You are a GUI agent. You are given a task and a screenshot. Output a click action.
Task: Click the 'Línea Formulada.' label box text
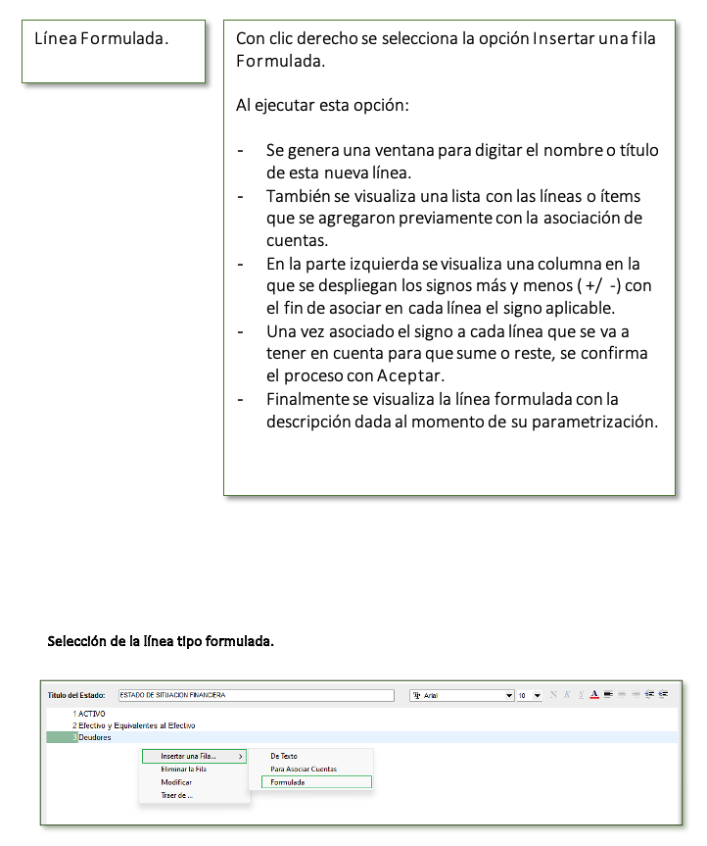click(102, 39)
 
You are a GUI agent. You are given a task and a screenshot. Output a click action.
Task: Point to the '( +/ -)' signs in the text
click(603, 285)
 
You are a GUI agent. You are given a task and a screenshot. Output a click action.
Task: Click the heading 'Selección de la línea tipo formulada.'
click(161, 642)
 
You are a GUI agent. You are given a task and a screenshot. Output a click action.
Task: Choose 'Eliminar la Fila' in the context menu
click(184, 769)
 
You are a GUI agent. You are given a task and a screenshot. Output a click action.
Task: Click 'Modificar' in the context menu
click(176, 782)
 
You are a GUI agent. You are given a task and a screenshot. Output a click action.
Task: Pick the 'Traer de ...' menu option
click(177, 795)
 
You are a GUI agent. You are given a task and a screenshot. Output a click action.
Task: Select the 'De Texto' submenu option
click(284, 756)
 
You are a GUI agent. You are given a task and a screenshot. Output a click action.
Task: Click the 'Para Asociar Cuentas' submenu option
click(304, 769)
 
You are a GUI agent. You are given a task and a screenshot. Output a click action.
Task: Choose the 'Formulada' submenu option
click(288, 782)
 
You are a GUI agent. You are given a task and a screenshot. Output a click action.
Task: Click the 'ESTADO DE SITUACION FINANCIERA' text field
click(259, 695)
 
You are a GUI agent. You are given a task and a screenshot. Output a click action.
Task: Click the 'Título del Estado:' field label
click(76, 695)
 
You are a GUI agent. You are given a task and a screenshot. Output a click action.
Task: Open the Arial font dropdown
click(508, 695)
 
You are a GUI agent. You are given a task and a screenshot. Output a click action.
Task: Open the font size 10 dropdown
click(537, 695)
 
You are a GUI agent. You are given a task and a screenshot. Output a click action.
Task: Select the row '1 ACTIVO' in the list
click(90, 713)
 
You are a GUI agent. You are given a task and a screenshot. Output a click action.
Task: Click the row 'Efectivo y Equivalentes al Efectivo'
click(136, 724)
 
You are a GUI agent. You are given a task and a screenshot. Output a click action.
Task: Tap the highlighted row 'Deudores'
click(95, 737)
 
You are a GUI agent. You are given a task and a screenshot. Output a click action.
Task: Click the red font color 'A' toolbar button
click(594, 694)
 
